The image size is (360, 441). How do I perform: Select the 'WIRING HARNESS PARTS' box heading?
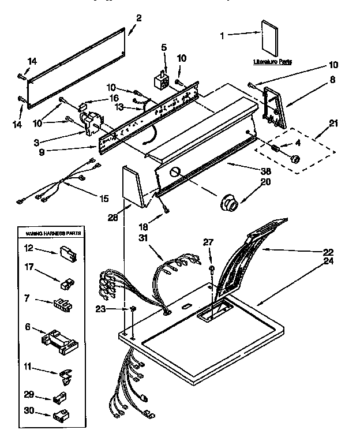[x=52, y=233]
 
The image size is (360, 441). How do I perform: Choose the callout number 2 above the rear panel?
[x=139, y=17]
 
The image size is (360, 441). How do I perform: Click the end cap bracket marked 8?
[x=275, y=107]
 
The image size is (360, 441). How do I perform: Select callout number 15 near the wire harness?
[x=103, y=199]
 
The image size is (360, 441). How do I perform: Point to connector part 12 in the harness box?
[x=65, y=251]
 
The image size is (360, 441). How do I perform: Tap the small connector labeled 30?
[x=59, y=415]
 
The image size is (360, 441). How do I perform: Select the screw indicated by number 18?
[x=166, y=211]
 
